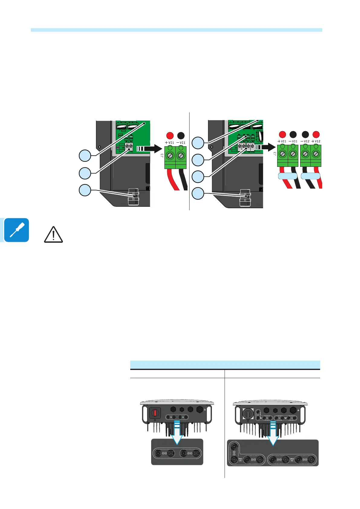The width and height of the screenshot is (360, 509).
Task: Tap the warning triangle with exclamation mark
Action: point(54,235)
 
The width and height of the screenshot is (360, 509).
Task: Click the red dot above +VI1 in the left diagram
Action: point(170,135)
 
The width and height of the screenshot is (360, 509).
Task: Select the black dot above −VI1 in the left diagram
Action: point(181,135)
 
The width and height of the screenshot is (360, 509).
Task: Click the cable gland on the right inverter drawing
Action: point(245,198)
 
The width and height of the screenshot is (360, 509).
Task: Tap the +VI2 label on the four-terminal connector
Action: point(316,141)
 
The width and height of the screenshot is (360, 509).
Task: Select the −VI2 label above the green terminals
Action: point(305,141)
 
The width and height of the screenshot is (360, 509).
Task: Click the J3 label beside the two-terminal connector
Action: point(162,155)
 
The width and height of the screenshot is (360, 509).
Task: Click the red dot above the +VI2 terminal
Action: point(316,134)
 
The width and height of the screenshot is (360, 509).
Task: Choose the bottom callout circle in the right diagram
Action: point(198,193)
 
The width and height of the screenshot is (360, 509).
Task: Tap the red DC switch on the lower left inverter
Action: point(155,413)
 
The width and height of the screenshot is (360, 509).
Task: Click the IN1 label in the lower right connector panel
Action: point(240,459)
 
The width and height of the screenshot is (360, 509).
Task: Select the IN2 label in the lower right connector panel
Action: point(292,459)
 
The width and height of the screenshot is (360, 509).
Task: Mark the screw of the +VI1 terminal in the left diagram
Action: point(170,156)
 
